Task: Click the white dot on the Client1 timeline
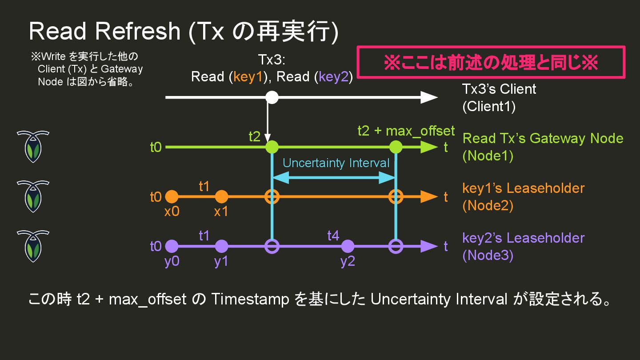272,97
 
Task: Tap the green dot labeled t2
272,147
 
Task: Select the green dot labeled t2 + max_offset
396,147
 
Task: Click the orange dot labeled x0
172,196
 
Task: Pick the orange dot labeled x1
221,196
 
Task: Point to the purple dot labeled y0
172,246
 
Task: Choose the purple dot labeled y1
221,246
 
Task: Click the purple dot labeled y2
348,246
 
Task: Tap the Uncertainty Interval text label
336,163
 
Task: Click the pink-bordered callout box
491,63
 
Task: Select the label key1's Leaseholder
523,188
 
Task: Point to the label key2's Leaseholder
523,238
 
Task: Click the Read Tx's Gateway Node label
543,138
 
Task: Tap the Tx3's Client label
499,89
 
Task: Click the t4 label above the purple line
333,236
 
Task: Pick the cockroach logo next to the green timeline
33,147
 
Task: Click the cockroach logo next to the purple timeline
33,246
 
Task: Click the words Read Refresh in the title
105,31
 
